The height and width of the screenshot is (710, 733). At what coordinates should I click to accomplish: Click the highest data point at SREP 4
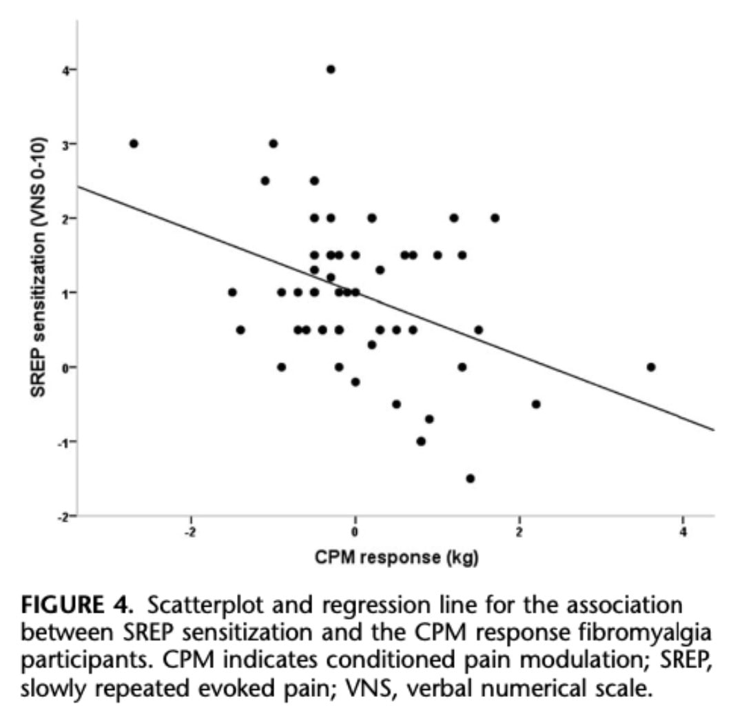(331, 69)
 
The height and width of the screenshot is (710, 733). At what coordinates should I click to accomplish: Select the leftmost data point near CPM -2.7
(134, 143)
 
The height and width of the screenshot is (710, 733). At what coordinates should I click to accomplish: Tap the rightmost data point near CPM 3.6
(651, 367)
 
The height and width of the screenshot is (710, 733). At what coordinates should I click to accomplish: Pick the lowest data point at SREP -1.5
(471, 478)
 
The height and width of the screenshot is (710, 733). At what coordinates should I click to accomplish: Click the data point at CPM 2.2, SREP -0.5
(536, 404)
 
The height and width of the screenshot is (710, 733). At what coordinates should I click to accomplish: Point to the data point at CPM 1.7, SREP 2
(495, 218)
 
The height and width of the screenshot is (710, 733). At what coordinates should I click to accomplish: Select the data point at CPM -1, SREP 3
(273, 143)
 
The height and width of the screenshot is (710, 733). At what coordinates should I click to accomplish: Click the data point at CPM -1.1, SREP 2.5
(265, 181)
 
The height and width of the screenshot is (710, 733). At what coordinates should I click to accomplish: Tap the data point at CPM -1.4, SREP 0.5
(240, 329)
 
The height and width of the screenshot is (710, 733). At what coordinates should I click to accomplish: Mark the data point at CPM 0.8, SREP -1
(421, 441)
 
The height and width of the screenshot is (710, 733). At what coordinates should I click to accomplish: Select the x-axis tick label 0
(355, 533)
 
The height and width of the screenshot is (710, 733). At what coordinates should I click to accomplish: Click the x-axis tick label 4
(683, 533)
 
